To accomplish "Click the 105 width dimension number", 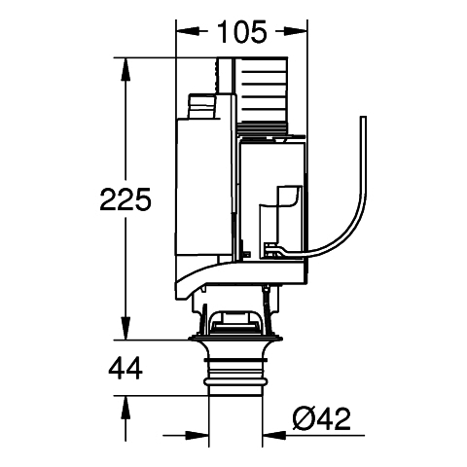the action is tap(241, 32).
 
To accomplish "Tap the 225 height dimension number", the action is tap(126, 199).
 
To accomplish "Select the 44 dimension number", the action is tap(126, 368).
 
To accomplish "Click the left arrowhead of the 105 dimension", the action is tap(187, 31).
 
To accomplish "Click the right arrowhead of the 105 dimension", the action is tap(296, 31).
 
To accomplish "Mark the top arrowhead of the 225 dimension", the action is tap(126, 69).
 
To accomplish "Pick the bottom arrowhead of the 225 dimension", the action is tap(126, 329).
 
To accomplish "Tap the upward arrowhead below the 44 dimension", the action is tap(126, 408).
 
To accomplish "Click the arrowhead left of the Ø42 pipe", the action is tap(198, 436).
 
